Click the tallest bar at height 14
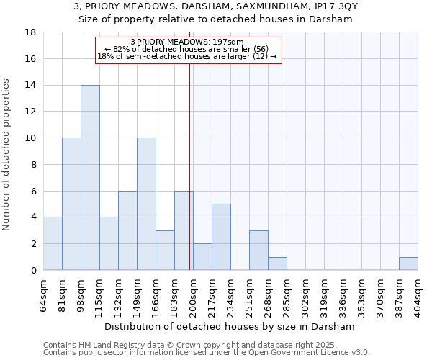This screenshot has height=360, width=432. [x=90, y=178]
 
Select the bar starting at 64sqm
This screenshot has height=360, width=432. [x=53, y=243]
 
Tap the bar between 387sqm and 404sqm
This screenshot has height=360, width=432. [x=408, y=264]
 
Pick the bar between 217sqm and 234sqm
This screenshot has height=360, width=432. [x=221, y=237]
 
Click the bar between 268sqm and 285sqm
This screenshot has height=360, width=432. [x=277, y=264]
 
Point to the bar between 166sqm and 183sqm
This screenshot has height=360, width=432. [x=165, y=250]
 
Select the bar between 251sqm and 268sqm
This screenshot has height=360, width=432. [x=258, y=250]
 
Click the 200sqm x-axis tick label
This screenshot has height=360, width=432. [x=194, y=293]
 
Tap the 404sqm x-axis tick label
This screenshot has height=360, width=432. [x=418, y=293]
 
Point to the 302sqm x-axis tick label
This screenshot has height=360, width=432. [x=306, y=293]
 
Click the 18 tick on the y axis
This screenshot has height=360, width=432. [x=31, y=32]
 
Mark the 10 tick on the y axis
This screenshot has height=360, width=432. [x=31, y=138]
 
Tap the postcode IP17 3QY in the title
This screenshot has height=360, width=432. [x=327, y=6]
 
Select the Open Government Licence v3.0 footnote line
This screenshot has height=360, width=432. [x=207, y=352]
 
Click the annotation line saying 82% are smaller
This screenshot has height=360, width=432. [x=186, y=48]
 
